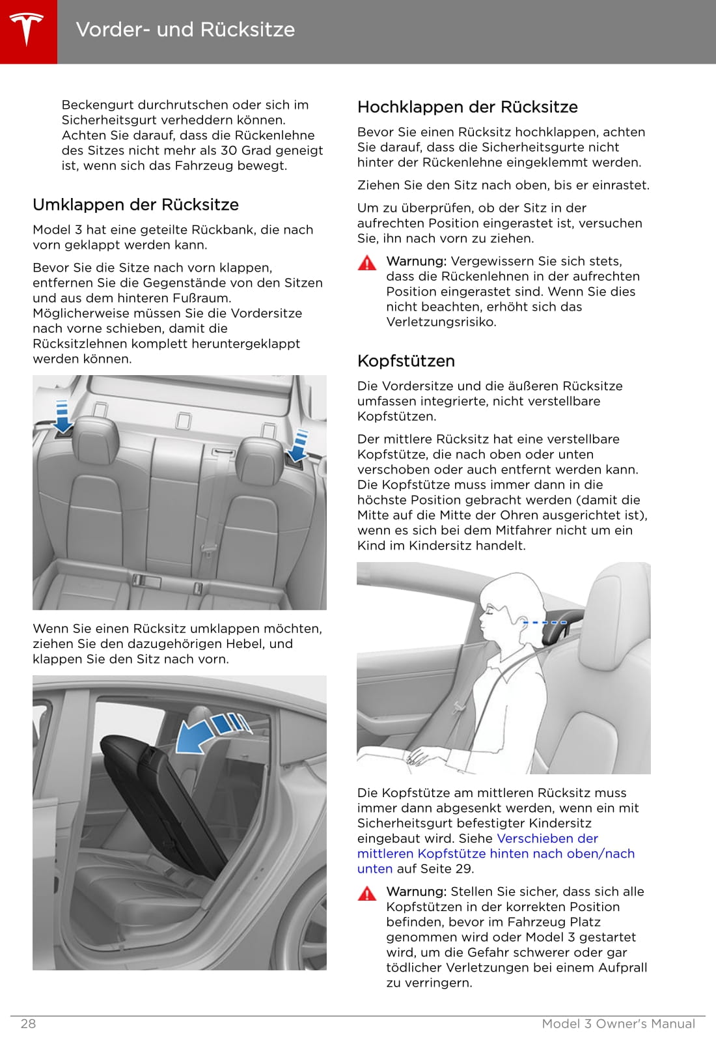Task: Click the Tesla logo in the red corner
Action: point(27,30)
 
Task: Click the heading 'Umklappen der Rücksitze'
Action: point(135,204)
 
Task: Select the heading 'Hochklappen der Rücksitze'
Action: point(467,107)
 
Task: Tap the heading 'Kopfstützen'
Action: point(406,361)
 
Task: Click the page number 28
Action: point(28,1024)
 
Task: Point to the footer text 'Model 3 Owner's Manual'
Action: point(618,1024)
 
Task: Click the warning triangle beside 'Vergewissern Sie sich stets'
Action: point(367,262)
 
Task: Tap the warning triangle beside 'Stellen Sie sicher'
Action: point(367,893)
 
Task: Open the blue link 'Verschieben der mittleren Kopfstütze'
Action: point(495,853)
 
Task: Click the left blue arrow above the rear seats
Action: point(62,417)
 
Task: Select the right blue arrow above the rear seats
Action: point(299,445)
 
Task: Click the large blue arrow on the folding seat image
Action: point(199,736)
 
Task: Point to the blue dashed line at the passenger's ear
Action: point(545,623)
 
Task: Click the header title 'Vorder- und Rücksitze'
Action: point(186,30)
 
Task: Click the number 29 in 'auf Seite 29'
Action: point(465,869)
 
